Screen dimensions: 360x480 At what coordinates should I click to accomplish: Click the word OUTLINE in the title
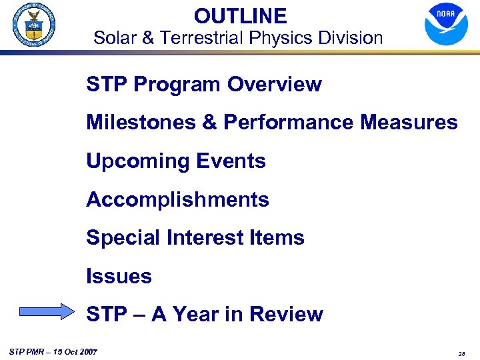click(240, 16)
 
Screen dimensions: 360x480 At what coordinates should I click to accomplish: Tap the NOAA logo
click(446, 24)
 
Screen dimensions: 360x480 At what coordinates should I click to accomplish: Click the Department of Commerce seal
click(33, 25)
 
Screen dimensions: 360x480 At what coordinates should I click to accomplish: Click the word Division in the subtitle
click(350, 38)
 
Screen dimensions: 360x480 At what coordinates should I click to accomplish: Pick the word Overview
click(274, 85)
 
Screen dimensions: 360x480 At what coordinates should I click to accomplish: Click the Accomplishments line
click(177, 200)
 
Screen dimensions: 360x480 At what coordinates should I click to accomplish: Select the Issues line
click(119, 277)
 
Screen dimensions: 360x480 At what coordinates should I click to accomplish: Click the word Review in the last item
click(287, 315)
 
